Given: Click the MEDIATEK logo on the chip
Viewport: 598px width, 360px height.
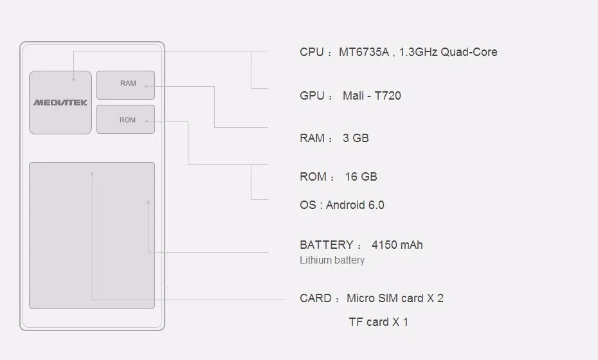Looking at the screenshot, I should point(60,102).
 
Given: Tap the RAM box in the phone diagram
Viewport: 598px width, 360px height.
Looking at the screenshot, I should point(126,85).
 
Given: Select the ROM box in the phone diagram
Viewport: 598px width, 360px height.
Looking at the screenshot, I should point(126,120).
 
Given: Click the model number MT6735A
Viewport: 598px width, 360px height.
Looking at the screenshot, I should point(364,52).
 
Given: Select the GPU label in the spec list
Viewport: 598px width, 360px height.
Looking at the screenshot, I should point(312,96).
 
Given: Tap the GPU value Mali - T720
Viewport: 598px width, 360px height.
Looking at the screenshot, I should point(372,96).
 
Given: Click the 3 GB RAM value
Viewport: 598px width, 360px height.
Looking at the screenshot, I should point(356,138).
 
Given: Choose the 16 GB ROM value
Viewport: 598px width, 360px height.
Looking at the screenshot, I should point(361,177).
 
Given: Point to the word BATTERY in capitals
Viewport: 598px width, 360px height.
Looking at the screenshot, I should point(326,245).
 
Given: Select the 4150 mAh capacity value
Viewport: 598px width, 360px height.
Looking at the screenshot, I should point(397,245).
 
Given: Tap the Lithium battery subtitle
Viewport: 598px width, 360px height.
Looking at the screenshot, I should point(332,260).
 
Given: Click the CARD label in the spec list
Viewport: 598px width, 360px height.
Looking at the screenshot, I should point(315,298).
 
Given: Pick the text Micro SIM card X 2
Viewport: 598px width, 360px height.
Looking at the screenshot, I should point(395,298).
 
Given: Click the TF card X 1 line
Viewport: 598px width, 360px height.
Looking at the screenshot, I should point(378,322).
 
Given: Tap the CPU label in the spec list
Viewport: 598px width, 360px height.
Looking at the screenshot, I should point(311,52).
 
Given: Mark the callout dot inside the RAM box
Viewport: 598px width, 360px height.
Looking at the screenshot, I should point(147,85).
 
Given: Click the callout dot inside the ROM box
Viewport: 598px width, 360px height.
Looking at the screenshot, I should point(147,120).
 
